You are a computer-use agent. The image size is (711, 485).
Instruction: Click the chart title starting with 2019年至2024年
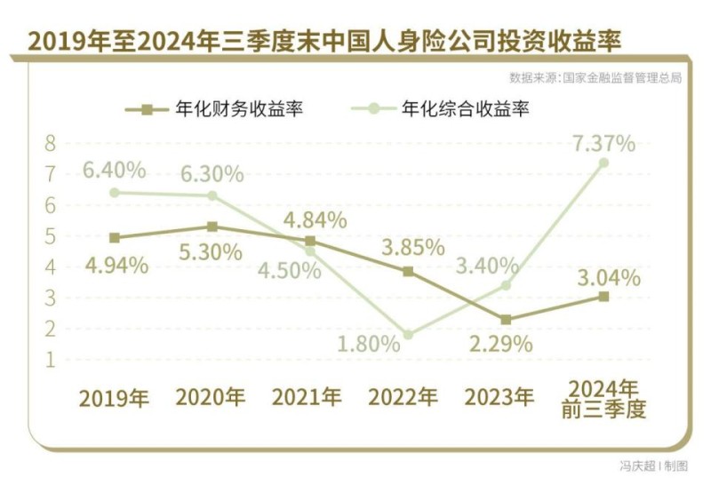click(x=324, y=38)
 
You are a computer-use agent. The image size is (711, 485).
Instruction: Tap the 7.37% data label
click(x=604, y=142)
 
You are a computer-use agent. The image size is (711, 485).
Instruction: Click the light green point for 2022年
click(x=408, y=335)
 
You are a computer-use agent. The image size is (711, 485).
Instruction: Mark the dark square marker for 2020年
click(x=212, y=227)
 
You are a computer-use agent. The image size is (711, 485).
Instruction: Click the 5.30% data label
click(x=212, y=252)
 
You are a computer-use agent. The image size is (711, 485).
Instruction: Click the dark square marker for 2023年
click(x=505, y=319)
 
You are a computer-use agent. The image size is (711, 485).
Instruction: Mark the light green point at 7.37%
click(x=603, y=163)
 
